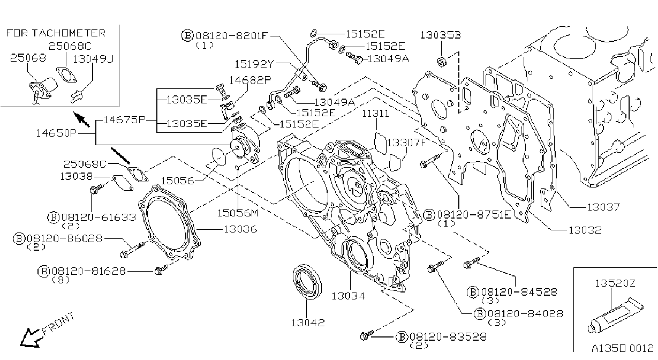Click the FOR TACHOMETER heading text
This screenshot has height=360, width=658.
click(x=56, y=33)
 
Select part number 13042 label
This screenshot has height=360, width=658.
click(x=308, y=322)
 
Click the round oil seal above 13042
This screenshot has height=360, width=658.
click(x=307, y=282)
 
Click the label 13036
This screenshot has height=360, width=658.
click(x=240, y=229)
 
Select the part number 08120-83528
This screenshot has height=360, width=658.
click(x=448, y=336)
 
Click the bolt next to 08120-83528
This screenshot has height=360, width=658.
click(x=367, y=335)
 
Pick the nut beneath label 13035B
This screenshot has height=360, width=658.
click(x=442, y=62)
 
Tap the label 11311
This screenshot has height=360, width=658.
click(x=375, y=114)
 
